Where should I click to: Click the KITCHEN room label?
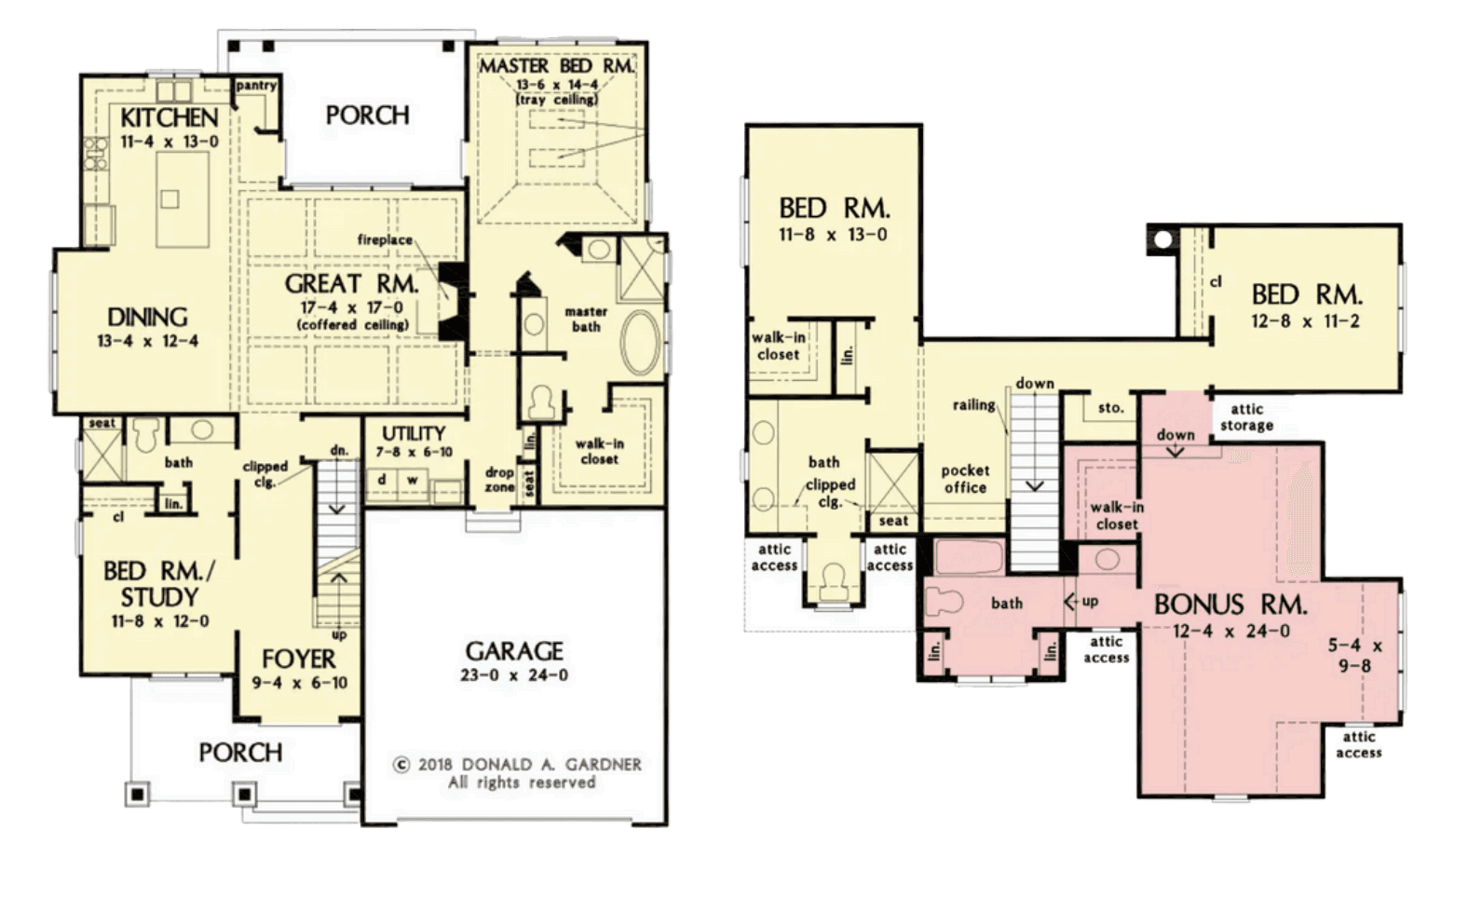(x=170, y=118)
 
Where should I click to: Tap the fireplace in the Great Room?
(x=452, y=301)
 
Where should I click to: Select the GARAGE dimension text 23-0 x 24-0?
(x=514, y=675)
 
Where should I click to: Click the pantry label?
(x=256, y=86)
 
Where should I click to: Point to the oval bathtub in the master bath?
(x=640, y=343)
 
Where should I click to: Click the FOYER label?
(x=299, y=659)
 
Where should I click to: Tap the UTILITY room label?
(x=414, y=433)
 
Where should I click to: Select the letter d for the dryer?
(x=381, y=479)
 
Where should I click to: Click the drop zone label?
(x=499, y=480)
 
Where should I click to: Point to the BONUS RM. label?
(x=1230, y=605)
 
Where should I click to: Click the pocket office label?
(x=965, y=479)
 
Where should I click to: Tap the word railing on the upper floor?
(x=974, y=406)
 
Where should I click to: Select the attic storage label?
(x=1246, y=417)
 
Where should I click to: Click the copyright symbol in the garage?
(x=401, y=765)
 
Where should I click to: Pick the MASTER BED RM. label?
(x=557, y=65)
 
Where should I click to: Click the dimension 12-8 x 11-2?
(x=1305, y=321)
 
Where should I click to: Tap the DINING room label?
(x=147, y=318)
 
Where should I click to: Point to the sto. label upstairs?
(x=1111, y=408)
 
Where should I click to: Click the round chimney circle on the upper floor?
(x=1162, y=240)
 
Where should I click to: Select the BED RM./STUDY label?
(x=158, y=584)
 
